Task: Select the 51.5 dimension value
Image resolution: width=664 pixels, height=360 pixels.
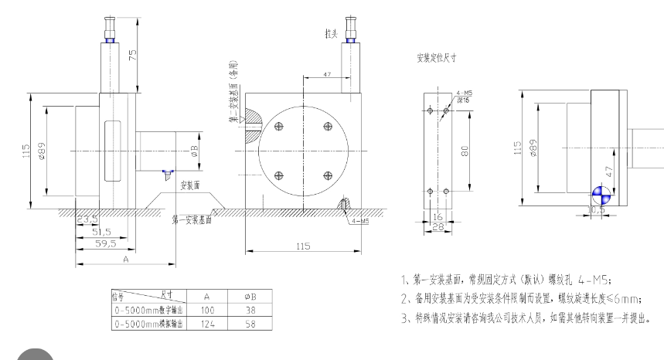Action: pos(102,231)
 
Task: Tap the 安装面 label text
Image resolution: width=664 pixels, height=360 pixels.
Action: pos(190,185)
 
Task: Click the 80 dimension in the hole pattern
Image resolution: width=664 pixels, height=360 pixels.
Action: pos(465,151)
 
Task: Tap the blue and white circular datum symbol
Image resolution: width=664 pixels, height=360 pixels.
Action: pos(601,195)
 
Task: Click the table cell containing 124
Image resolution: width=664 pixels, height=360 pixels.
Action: pos(207,324)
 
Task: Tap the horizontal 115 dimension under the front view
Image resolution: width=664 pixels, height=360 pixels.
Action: pos(302,246)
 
